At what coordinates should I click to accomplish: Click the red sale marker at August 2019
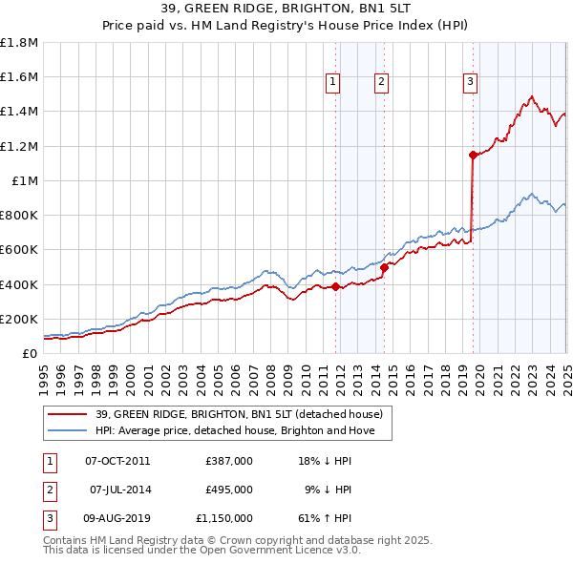473,154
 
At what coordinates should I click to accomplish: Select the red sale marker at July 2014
384,268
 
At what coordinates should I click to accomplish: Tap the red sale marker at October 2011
336,286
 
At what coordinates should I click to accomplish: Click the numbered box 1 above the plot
333,83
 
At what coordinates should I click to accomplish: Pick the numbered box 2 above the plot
381,83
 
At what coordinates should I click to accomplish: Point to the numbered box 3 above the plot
471,83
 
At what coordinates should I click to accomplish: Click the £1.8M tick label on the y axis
19,43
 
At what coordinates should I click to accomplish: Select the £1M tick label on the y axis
25,180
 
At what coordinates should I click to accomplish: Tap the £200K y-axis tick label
19,319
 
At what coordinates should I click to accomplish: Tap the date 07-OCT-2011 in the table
117,461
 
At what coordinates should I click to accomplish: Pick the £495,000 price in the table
229,490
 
